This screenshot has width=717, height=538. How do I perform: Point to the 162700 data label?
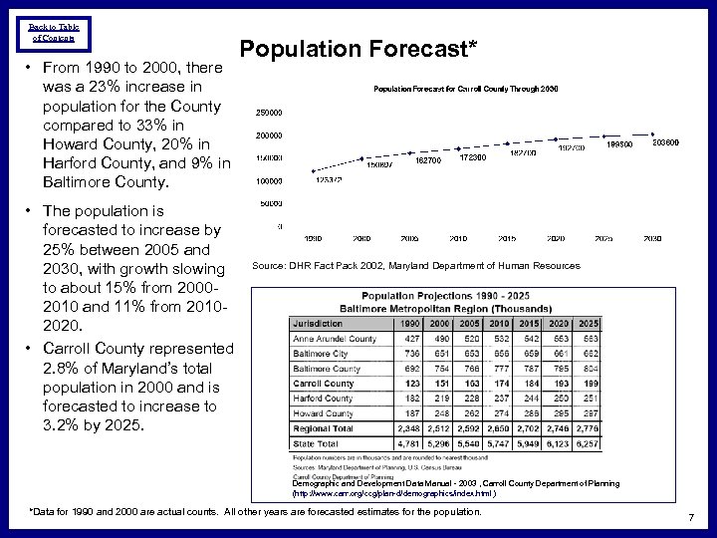pyautogui.click(x=428, y=159)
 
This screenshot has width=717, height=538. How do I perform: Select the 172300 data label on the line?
pyautogui.click(x=473, y=157)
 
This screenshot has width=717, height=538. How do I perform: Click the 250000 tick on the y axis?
pyautogui.click(x=269, y=112)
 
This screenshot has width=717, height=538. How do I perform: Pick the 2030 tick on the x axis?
pyautogui.click(x=653, y=239)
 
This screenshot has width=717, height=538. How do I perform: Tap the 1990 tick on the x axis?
pyautogui.click(x=312, y=239)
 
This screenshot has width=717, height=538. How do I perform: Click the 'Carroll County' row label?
pyautogui.click(x=324, y=384)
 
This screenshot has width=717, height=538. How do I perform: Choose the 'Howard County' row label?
pyautogui.click(x=323, y=412)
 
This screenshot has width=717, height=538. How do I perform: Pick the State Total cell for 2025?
pyautogui.click(x=590, y=443)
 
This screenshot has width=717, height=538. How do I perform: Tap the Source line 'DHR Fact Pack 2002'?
pyautogui.click(x=415, y=266)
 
